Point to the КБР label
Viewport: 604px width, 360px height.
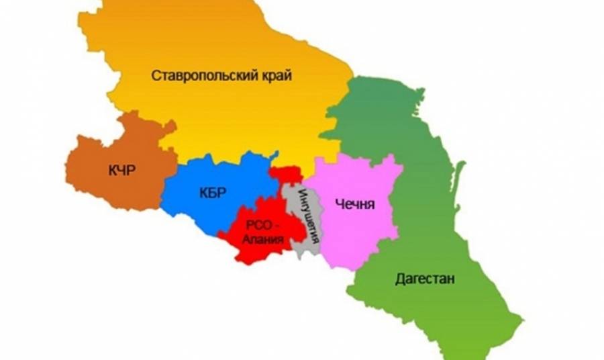tap(213, 193)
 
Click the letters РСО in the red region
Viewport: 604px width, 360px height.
tap(258, 225)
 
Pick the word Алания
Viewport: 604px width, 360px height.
tap(264, 238)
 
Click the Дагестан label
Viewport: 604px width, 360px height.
tap(425, 278)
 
